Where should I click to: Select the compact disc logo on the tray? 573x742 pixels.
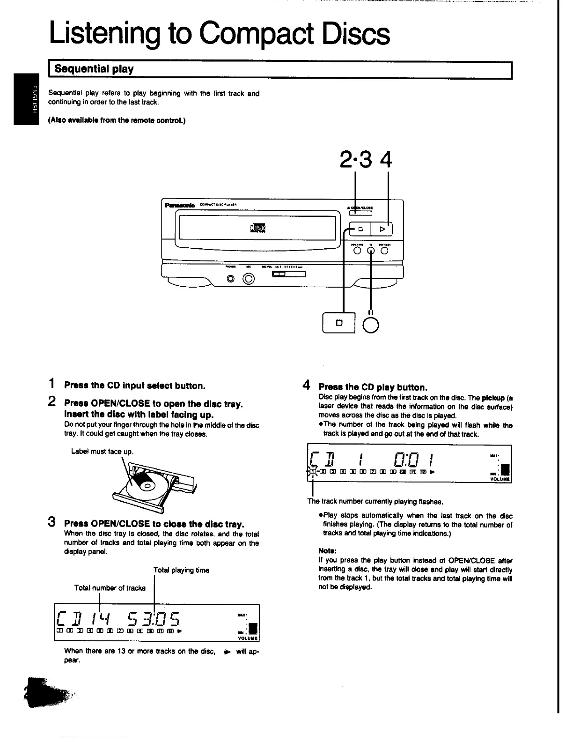[257, 229]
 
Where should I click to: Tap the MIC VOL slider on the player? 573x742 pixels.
[288, 275]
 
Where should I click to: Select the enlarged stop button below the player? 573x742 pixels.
[339, 322]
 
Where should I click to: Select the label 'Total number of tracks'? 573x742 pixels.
[110, 588]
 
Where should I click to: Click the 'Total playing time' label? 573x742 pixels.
[181, 570]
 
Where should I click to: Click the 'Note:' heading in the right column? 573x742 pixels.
[327, 551]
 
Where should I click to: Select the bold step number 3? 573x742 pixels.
[52, 522]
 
